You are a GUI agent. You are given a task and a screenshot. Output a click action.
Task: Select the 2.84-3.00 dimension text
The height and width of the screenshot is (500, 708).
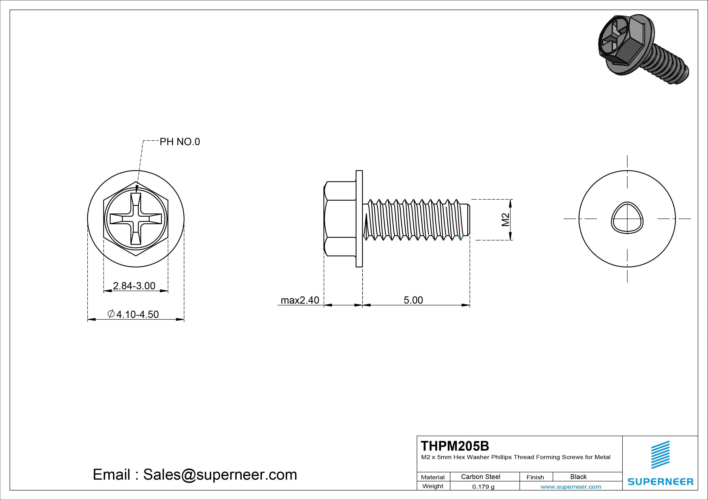pyautogui.click(x=134, y=286)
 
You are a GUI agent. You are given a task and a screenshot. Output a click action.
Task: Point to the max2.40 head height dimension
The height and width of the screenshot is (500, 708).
pyautogui.click(x=300, y=300)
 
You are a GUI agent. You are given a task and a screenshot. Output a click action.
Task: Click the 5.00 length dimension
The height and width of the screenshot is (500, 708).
pyautogui.click(x=413, y=300)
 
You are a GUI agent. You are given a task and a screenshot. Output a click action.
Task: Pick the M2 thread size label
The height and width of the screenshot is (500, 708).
pyautogui.click(x=505, y=220)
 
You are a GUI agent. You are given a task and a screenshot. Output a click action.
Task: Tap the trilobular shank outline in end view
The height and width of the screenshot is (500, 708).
pyautogui.click(x=627, y=218)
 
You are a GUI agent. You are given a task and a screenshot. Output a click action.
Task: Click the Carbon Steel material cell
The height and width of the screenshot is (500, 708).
pyautogui.click(x=480, y=477)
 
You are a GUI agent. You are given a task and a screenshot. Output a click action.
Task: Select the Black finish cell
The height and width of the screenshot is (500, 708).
pyautogui.click(x=578, y=477)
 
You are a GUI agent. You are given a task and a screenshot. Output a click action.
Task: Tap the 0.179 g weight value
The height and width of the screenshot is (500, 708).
pyautogui.click(x=483, y=487)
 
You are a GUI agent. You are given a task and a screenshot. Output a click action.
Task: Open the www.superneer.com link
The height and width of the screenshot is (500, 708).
pyautogui.click(x=571, y=487)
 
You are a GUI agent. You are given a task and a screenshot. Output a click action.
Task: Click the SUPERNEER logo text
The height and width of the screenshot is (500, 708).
pyautogui.click(x=660, y=481)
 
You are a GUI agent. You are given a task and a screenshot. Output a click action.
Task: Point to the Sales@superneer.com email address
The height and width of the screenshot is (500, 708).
pyautogui.click(x=220, y=474)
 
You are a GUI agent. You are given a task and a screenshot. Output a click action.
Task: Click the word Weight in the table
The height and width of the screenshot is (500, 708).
pyautogui.click(x=433, y=486)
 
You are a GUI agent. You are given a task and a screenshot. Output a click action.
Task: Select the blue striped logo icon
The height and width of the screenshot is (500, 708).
pyautogui.click(x=660, y=455)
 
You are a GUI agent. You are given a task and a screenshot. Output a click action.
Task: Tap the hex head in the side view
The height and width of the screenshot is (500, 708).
pyautogui.click(x=340, y=219)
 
